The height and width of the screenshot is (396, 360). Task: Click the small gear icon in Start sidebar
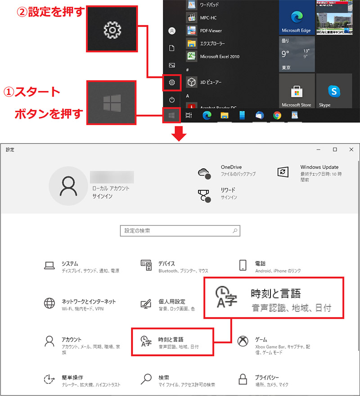point(171,82)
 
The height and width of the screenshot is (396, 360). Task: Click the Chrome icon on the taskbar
point(277,116)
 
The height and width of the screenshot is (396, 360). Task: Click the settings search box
point(180,231)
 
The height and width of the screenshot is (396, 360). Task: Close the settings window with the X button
point(351,149)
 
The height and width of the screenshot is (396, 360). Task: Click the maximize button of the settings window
point(335,149)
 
